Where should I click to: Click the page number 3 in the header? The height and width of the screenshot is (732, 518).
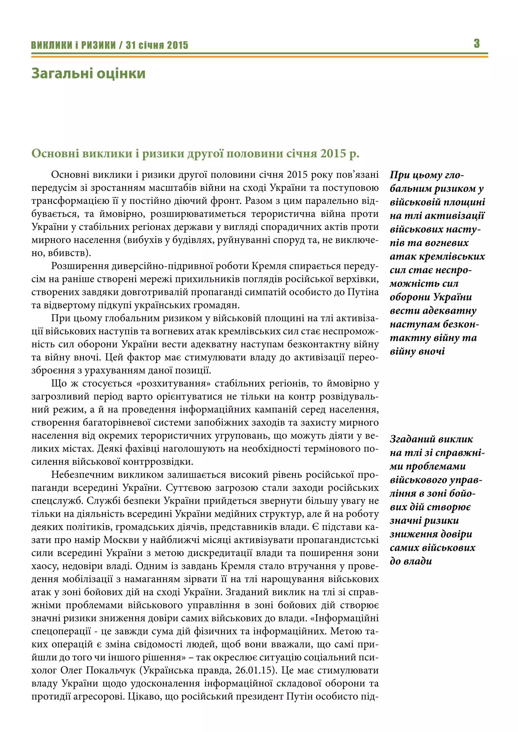pos(476,43)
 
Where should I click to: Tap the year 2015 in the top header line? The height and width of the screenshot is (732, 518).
pos(178,45)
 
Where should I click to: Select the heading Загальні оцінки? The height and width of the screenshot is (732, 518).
pos(88,73)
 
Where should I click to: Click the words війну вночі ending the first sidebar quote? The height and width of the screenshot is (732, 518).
pos(417,351)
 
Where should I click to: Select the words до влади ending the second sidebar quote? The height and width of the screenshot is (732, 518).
pos(411,561)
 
